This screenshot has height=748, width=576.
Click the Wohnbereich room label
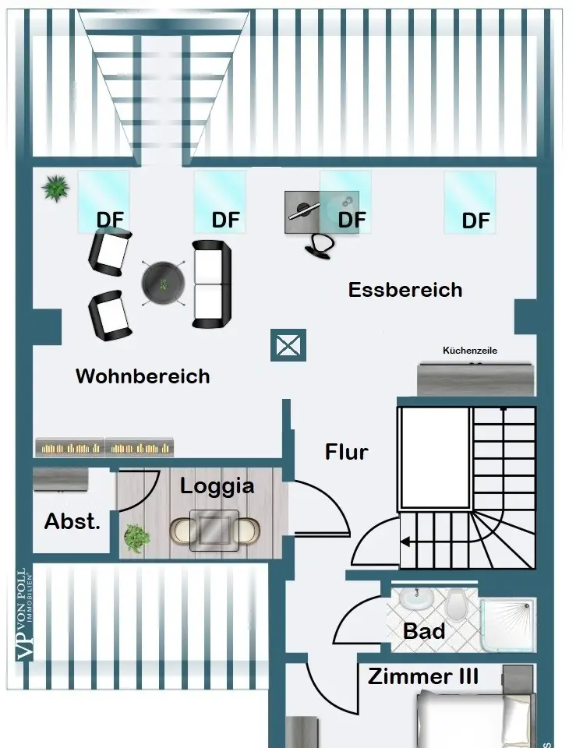[x=143, y=376]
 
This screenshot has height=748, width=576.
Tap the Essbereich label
[x=405, y=290]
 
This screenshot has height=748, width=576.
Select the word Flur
[x=346, y=451]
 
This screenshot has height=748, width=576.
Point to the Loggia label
[x=217, y=486]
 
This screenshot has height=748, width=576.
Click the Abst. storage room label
[x=72, y=521]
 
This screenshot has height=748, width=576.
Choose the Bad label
[x=424, y=630]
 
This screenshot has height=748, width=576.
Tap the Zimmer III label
[x=423, y=676]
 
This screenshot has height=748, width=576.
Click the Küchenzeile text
[x=469, y=351]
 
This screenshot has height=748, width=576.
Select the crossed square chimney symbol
[x=288, y=345]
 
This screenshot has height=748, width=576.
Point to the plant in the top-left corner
[x=55, y=187]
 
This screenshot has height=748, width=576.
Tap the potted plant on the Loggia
[x=137, y=536]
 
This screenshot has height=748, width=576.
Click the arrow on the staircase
[x=408, y=542]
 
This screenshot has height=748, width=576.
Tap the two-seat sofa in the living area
[x=212, y=284]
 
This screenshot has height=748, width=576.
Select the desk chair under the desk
[x=320, y=243]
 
